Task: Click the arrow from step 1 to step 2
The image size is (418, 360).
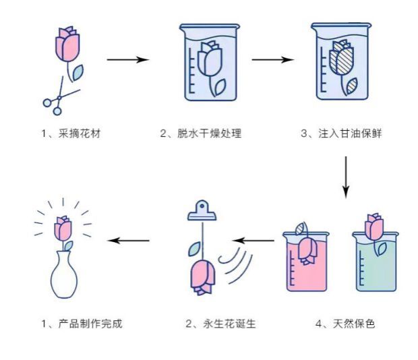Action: point(128,60)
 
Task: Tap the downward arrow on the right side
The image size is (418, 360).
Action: point(345,177)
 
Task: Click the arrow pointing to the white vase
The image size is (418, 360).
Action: point(129,240)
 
